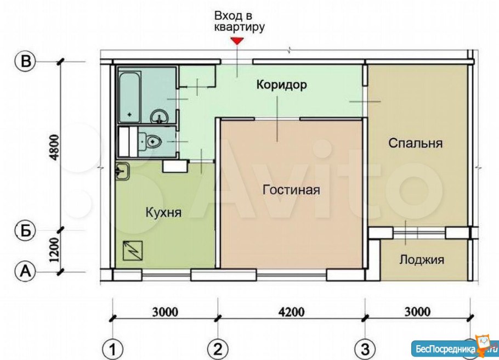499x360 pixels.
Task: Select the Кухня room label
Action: [x=163, y=212]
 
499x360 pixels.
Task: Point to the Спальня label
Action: [x=415, y=143]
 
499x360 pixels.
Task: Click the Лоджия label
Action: [x=421, y=260]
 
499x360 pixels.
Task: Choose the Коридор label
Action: [x=280, y=85]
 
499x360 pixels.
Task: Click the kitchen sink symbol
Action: [x=123, y=171]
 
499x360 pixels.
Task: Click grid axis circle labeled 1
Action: [x=113, y=348]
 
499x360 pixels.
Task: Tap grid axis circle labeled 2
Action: [x=218, y=348]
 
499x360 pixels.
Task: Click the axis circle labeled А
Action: [x=25, y=271]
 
